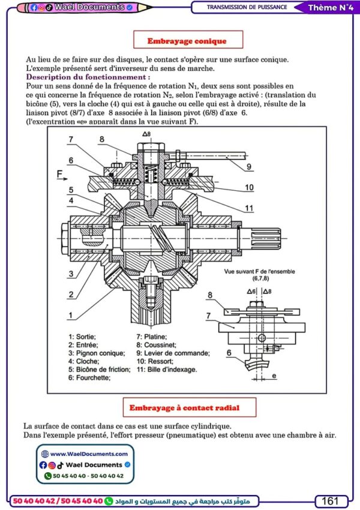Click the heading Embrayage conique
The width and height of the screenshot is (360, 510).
point(187,41)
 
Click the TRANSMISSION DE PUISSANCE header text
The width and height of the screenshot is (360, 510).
point(246,8)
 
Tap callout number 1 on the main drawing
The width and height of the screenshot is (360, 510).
point(70,314)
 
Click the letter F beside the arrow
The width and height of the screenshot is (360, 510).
point(59,175)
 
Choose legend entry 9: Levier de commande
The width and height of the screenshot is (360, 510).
point(173,353)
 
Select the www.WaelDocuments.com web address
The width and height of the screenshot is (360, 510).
point(89,454)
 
